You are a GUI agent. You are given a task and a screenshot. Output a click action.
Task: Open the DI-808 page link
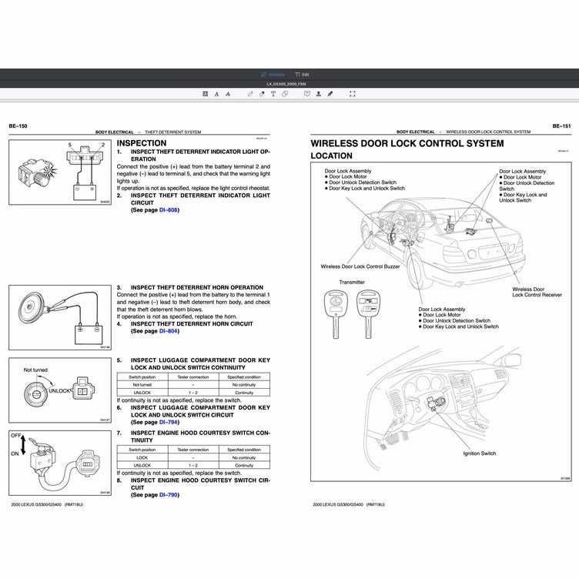(169, 209)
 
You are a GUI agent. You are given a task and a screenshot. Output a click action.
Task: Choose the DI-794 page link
(169, 422)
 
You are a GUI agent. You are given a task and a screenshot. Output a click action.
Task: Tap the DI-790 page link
(169, 494)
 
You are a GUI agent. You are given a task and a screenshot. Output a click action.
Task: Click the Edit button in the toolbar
(302, 74)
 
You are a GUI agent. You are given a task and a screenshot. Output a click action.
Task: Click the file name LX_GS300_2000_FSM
(289, 83)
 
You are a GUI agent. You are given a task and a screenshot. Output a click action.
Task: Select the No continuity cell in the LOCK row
(244, 457)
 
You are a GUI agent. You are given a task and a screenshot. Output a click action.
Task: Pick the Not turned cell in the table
(142, 384)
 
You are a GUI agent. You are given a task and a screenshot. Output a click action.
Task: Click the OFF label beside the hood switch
(15, 435)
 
